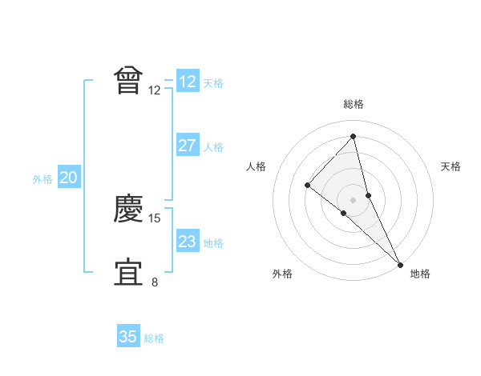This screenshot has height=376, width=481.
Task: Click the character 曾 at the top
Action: [x=129, y=80]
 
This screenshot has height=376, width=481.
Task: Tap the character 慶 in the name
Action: [x=129, y=209]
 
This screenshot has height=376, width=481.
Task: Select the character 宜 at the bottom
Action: [x=129, y=272]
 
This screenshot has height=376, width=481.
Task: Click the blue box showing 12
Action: [x=188, y=82]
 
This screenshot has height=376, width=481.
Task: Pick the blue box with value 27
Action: [x=188, y=146]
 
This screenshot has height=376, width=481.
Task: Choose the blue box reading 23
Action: [x=188, y=242]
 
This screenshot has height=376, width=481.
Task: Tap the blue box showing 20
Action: [x=68, y=178]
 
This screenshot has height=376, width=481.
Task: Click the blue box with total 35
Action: [x=128, y=337]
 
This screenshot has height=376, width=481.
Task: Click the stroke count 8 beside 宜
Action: [x=155, y=282]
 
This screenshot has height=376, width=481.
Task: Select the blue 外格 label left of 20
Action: [x=42, y=179]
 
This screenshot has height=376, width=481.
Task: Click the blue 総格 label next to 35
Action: [x=154, y=338]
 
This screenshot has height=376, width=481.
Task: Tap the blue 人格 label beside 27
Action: [x=213, y=147]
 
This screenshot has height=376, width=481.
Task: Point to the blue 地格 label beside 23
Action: [x=213, y=243]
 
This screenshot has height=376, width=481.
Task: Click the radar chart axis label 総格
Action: [x=354, y=104]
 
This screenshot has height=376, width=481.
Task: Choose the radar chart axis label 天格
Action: [x=451, y=166]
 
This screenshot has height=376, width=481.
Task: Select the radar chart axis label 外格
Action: [x=282, y=274]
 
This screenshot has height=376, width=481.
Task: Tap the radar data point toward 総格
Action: [x=353, y=137]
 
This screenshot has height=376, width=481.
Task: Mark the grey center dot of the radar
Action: [x=353, y=199]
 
